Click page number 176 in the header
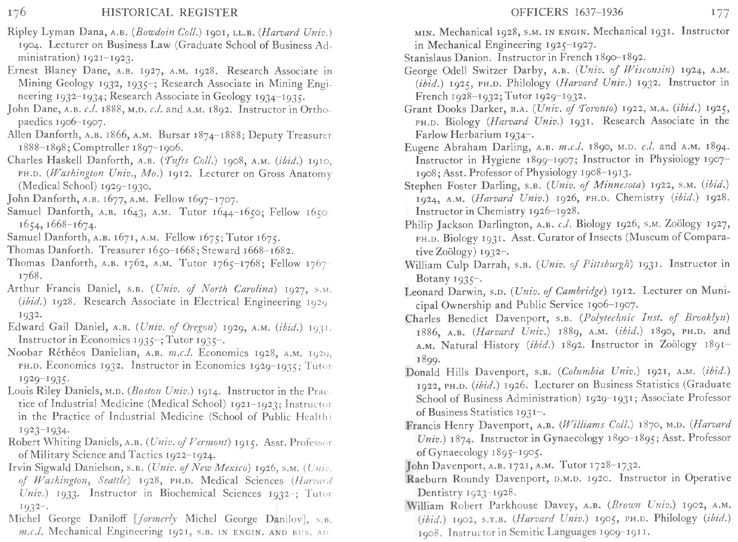pos(17,13)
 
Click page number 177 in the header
pos(720,13)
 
